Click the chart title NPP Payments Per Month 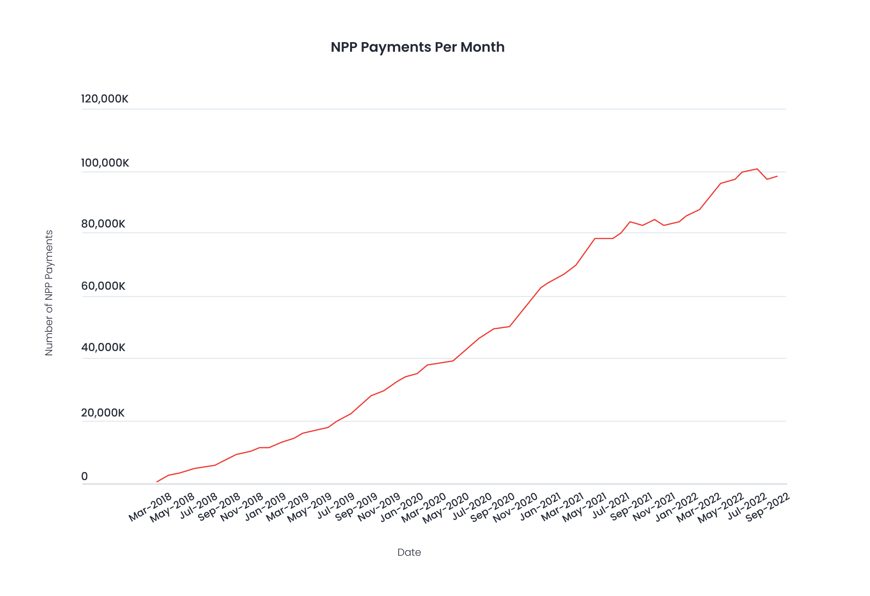point(417,47)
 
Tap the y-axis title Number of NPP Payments point(49,293)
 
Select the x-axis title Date point(409,552)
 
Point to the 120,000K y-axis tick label point(105,99)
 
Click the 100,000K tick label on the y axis point(105,163)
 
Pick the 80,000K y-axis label point(103,224)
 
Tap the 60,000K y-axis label point(103,286)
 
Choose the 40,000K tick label point(103,347)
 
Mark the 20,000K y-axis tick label point(103,413)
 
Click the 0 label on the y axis point(85,477)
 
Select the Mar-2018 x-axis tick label point(150,507)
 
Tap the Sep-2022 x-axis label point(768,507)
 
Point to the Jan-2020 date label point(402,507)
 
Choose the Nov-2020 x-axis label point(515,507)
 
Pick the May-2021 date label point(584,507)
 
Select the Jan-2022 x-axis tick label point(676,507)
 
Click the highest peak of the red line point(757,169)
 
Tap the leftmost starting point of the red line point(157,482)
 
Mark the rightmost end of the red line point(777,176)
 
